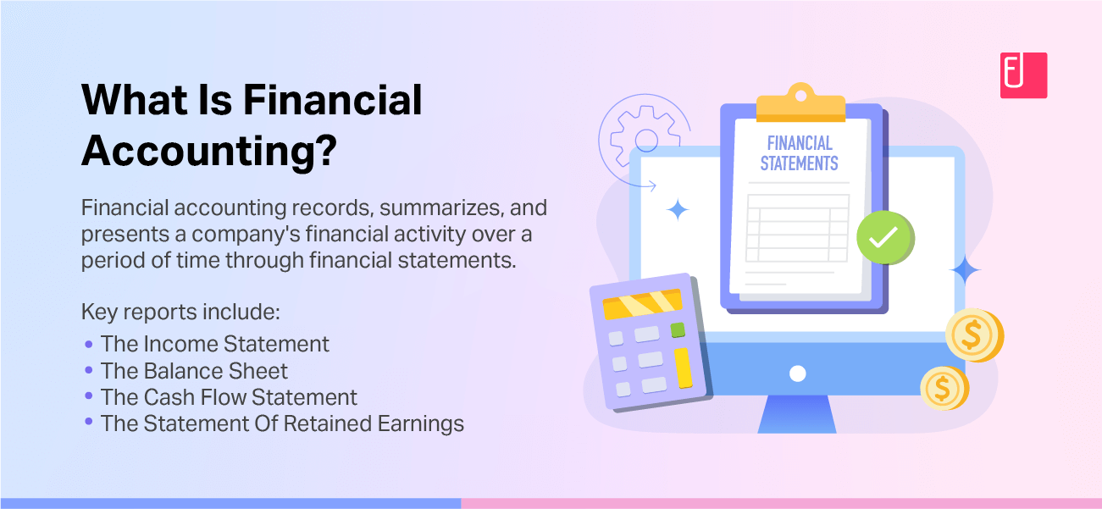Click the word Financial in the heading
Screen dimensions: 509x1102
coord(332,100)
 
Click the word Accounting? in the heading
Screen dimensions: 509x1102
coord(209,150)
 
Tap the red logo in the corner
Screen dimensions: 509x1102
coord(1023,75)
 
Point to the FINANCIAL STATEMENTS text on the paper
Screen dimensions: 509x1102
coord(799,153)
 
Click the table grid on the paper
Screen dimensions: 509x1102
coord(797,228)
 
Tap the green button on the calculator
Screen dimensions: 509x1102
coord(678,330)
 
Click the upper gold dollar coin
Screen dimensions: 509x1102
coord(973,335)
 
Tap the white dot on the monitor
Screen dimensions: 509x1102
coord(797,373)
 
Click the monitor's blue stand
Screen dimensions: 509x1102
coord(797,414)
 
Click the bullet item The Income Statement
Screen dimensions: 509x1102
coord(214,344)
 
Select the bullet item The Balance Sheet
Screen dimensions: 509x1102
coord(194,371)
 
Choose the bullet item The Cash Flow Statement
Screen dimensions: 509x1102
coord(229,397)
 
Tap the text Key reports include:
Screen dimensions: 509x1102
coord(180,312)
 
